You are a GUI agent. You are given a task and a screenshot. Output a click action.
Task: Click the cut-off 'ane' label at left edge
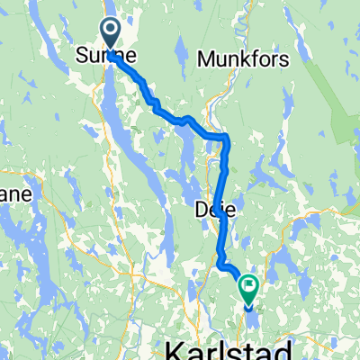tap(9, 194)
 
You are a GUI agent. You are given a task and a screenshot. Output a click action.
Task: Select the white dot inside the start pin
tap(111, 31)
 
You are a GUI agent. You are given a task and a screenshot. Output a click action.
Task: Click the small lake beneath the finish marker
tap(248, 309)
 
